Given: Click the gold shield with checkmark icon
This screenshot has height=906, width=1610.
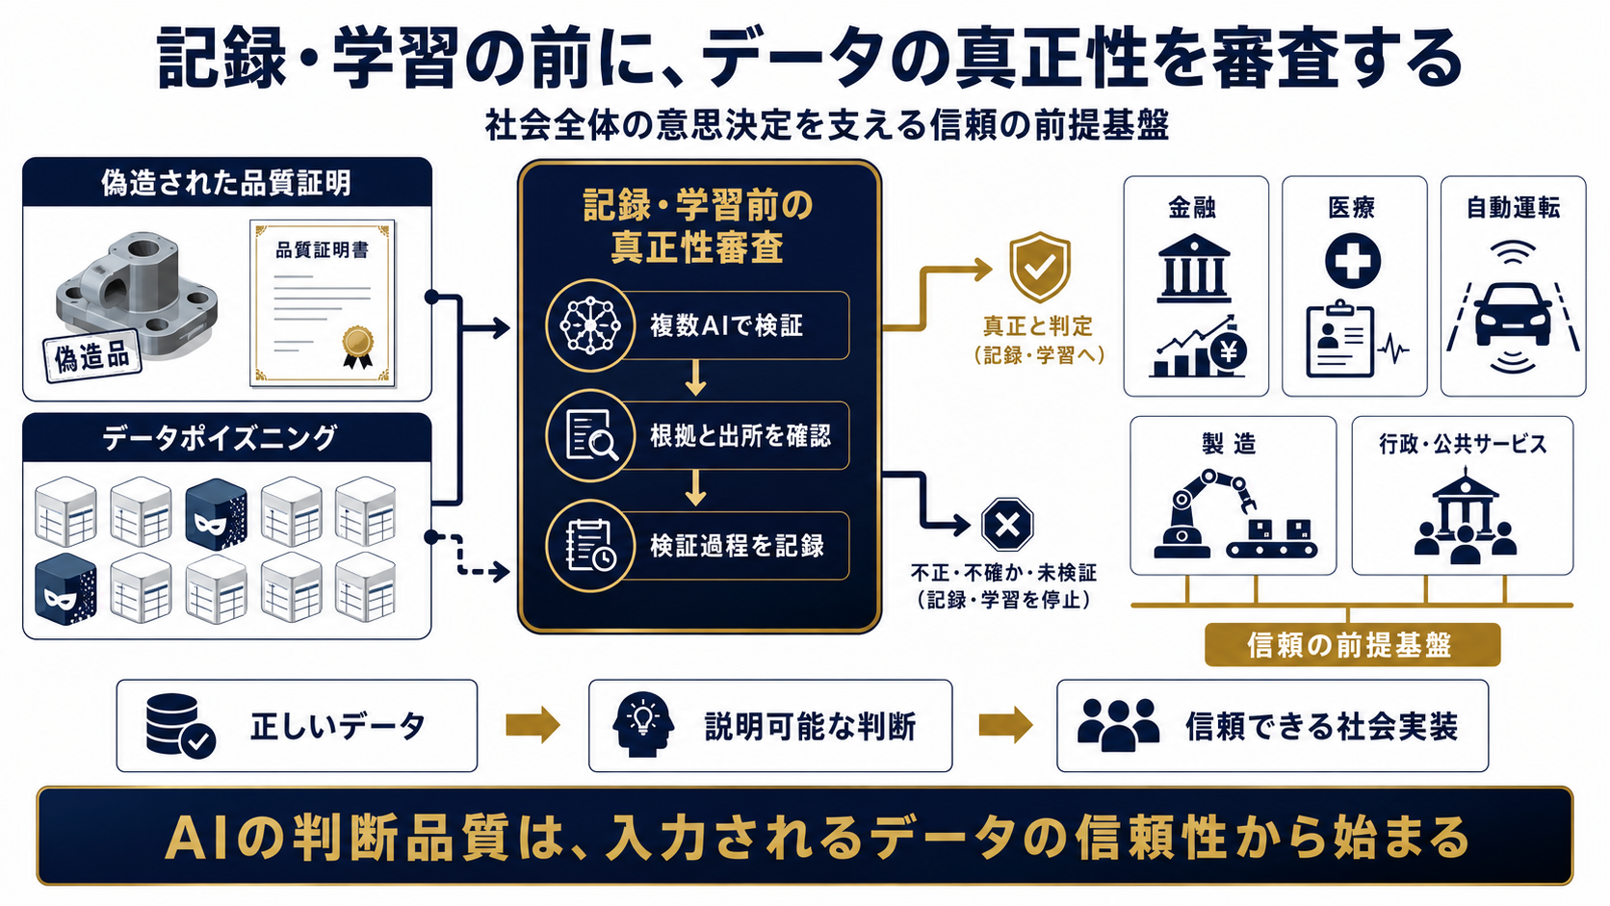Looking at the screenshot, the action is pos(1039,267).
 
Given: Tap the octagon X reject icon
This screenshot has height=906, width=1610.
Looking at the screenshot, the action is pos(1007,525).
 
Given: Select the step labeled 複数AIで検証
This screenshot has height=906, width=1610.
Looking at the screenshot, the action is pos(697,325).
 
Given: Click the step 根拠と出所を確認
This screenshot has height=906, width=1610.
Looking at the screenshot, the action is pos(697,435).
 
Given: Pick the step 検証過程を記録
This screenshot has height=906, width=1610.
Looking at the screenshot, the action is pos(697,545).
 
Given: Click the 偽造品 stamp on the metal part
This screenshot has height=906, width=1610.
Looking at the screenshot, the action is pos(92,357).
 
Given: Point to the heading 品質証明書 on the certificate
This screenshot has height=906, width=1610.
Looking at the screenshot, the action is pos(322,250).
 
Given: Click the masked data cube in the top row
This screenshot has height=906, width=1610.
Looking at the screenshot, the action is pos(216,513).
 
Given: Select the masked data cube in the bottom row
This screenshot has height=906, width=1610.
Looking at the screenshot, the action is pos(65,589).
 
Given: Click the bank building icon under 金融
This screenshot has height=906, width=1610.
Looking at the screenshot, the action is pos(1194,268).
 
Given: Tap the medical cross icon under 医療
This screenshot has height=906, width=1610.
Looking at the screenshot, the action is pos(1353,260).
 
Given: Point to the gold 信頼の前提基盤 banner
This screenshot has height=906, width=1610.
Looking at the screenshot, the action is pos(1352,644).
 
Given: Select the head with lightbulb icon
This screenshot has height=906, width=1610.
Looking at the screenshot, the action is pos(643,724).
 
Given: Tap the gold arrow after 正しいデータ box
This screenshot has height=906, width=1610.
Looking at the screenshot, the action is pos(532,724).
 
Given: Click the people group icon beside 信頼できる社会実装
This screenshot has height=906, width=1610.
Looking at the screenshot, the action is pos(1118,725).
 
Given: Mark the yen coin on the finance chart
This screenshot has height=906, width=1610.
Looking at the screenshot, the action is pos(1229,352).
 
